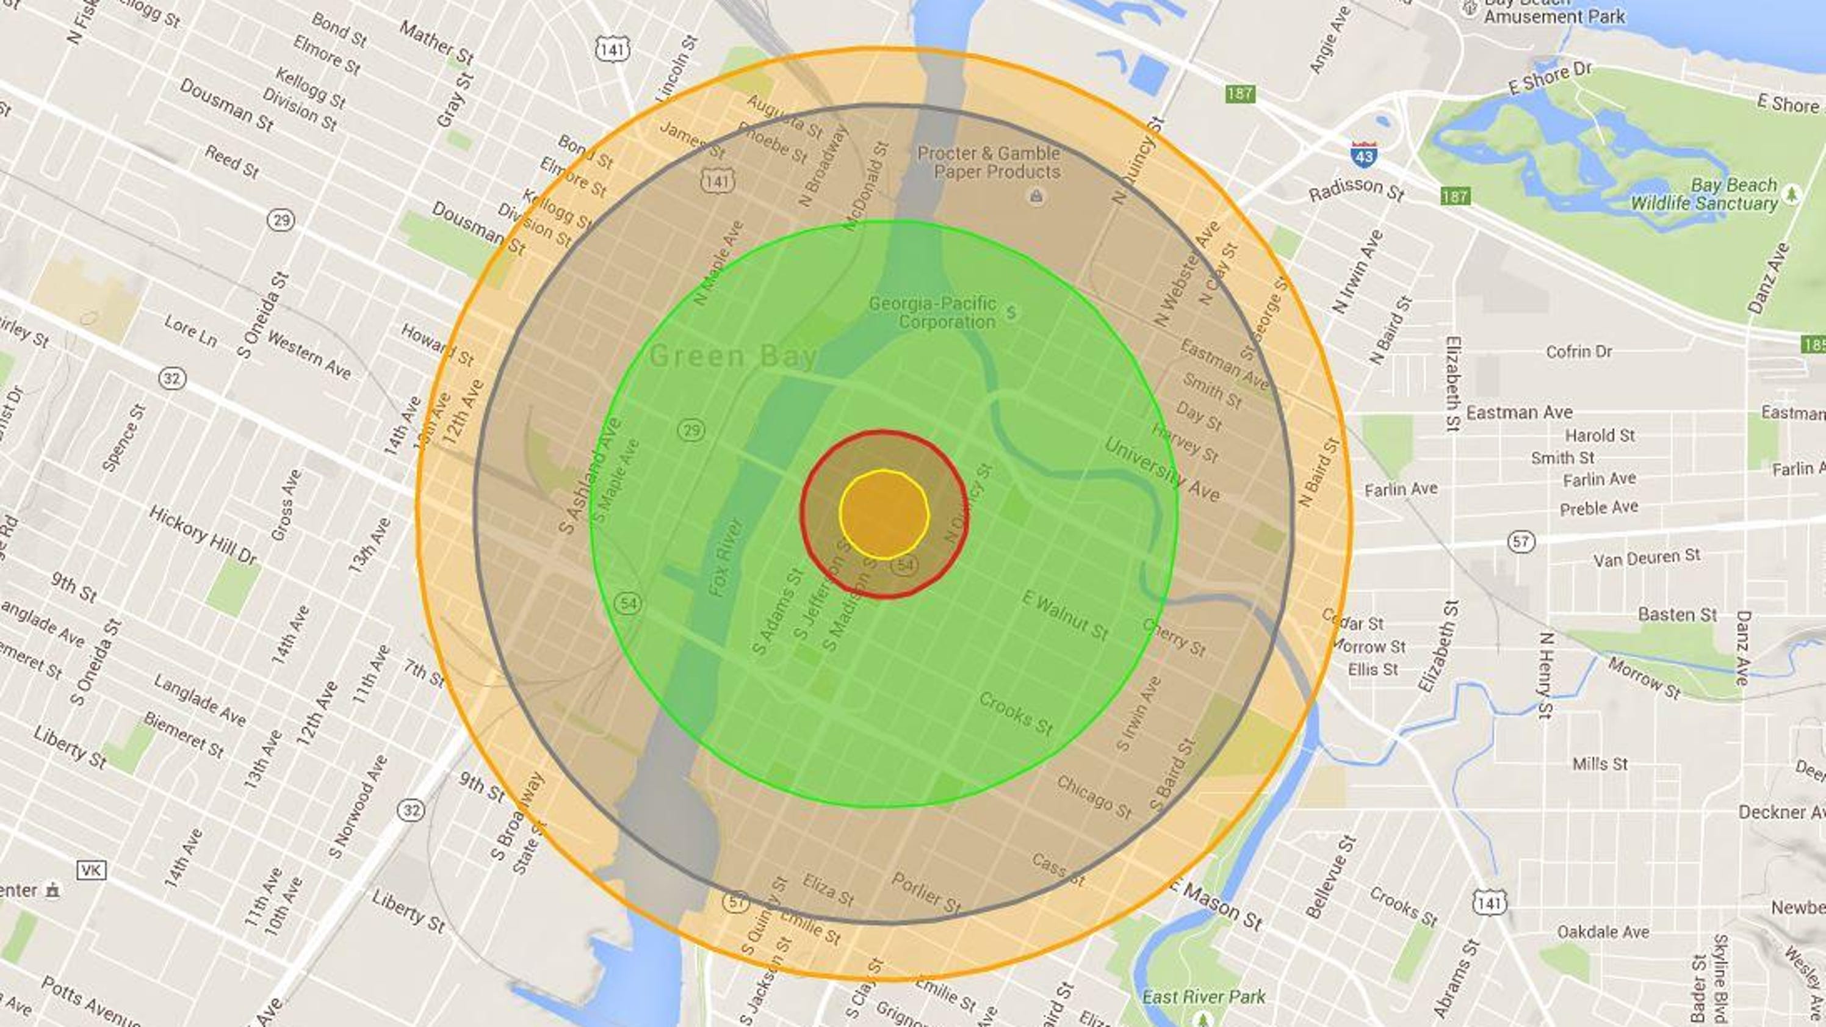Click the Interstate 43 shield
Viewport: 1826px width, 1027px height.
pos(1363,154)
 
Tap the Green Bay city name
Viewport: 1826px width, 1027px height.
pos(733,356)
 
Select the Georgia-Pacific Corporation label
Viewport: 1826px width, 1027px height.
pos(933,312)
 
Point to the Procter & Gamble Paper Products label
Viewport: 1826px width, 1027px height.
pos(989,162)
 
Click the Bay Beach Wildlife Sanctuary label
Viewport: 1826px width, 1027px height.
pos(1704,194)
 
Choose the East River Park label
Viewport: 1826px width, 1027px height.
pos(1203,996)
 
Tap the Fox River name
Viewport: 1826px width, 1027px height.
pos(725,557)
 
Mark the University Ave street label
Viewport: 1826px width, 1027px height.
pos(1162,470)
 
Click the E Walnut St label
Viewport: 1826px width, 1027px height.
pos(1065,615)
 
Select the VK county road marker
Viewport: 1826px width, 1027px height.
pos(92,870)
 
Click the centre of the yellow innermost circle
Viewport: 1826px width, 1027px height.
pos(884,514)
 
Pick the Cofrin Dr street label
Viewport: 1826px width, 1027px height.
pos(1579,351)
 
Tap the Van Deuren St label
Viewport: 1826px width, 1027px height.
pos(1646,558)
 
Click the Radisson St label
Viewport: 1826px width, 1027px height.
pos(1356,189)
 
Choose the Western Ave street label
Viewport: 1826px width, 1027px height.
pos(309,355)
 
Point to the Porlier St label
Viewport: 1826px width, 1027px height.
pos(926,892)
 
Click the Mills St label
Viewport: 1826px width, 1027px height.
pos(1600,764)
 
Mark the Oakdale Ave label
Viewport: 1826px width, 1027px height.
pos(1603,931)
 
